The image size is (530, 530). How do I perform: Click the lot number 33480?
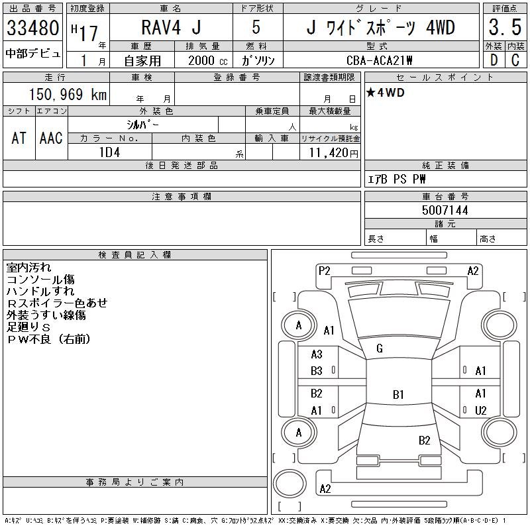[32, 28]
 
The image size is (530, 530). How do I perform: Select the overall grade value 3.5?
[505, 27]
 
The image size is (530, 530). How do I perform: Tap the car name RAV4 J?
[171, 27]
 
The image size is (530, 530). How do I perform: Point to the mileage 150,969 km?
[68, 94]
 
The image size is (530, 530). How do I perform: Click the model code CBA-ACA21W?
[379, 60]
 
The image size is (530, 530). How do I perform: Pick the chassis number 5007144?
[445, 210]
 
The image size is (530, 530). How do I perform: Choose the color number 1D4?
[109, 152]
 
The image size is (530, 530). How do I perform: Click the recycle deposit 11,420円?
[333, 153]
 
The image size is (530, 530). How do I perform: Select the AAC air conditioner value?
[51, 138]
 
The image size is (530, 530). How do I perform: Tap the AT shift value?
[19, 138]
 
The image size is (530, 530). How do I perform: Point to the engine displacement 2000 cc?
[207, 61]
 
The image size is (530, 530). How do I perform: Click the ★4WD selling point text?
[386, 93]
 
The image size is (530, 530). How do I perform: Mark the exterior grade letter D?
[494, 60]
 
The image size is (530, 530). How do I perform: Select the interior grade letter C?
[515, 60]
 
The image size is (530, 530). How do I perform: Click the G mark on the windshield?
[379, 348]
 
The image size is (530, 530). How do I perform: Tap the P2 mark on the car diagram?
[324, 271]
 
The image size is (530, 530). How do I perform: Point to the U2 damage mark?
[480, 411]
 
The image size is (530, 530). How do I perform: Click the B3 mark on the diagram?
[317, 371]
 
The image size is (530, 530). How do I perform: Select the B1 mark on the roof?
[398, 394]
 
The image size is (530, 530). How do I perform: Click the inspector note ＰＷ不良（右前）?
[48, 339]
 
